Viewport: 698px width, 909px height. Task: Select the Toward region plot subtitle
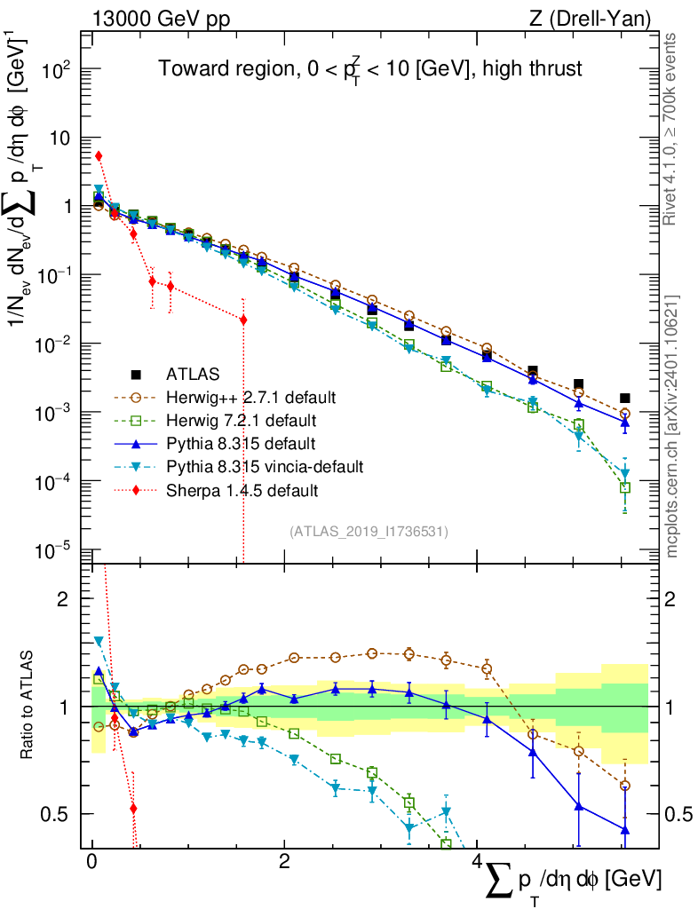370,69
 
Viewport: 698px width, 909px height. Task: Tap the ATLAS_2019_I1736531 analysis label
369,532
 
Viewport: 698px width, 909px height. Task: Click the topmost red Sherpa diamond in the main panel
99,156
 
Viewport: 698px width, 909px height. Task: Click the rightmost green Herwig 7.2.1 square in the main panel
624,487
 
